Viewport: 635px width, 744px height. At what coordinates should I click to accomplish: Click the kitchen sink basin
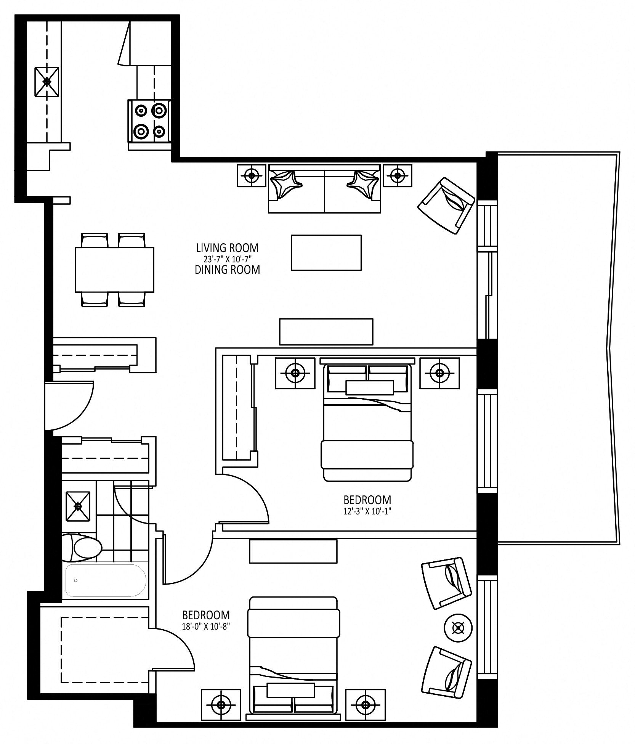[x=47, y=82]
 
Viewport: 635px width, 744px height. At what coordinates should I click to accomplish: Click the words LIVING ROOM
[x=227, y=248]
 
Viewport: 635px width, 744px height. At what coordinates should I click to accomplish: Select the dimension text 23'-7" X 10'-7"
[x=227, y=259]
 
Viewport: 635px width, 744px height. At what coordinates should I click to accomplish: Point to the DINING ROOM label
[x=227, y=270]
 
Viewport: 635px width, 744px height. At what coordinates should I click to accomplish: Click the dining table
[x=114, y=270]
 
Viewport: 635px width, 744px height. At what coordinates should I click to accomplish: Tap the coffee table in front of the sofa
[x=326, y=252]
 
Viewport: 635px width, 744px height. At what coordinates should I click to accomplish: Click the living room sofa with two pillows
[x=324, y=188]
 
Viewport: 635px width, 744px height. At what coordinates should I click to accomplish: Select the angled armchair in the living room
[x=446, y=206]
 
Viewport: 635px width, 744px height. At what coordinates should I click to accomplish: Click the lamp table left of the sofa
[x=252, y=176]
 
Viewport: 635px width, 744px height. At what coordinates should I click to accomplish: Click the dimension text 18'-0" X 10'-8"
[x=206, y=626]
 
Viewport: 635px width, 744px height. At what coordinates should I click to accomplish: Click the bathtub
[x=105, y=580]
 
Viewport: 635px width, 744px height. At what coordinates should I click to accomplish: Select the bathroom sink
[x=78, y=506]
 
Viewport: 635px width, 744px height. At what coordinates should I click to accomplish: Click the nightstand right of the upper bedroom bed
[x=439, y=373]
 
